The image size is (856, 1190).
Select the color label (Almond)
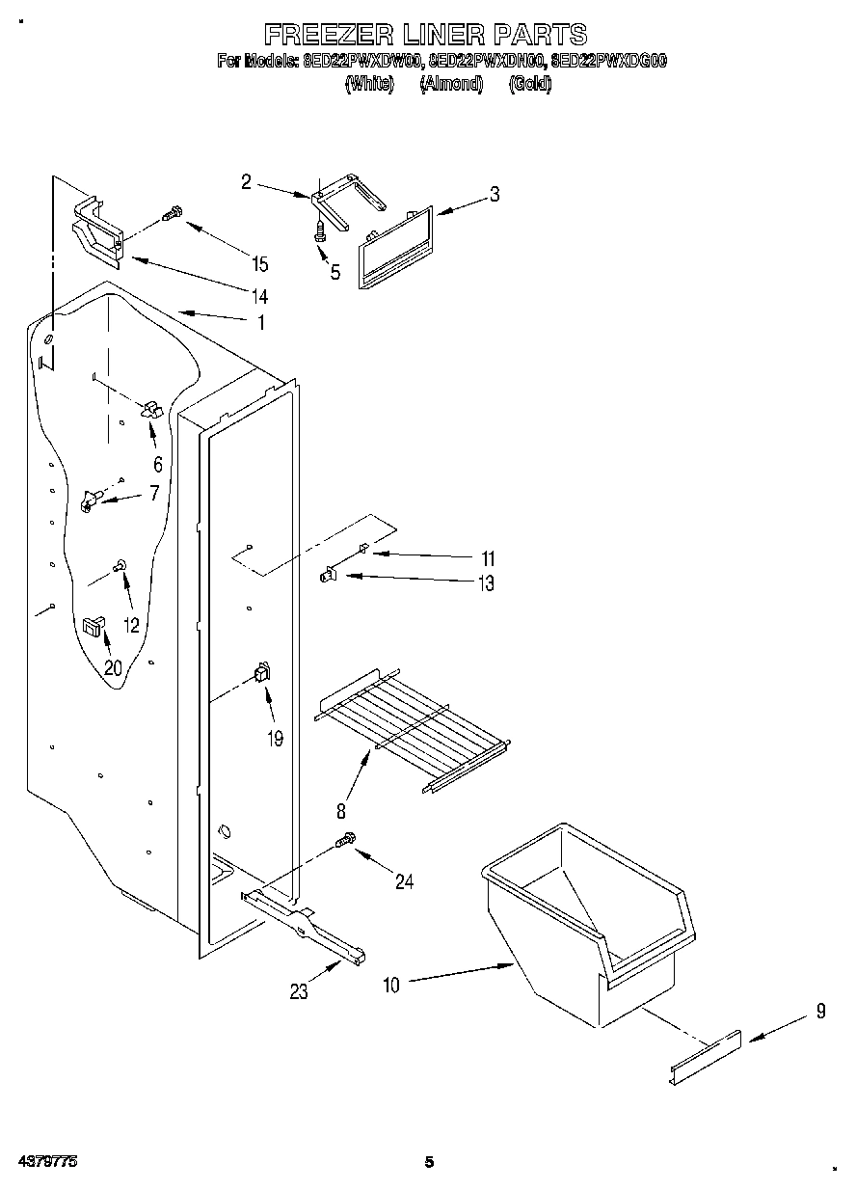(450, 84)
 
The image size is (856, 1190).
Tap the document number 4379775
(46, 1162)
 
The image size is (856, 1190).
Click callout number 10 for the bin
(391, 985)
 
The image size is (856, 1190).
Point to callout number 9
(820, 1012)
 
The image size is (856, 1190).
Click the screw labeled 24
(345, 843)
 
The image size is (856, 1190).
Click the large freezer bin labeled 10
(588, 916)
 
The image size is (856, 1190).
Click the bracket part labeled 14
(96, 231)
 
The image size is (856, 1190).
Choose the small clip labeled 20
(93, 627)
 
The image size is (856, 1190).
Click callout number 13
(486, 583)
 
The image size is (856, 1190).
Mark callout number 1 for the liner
(259, 323)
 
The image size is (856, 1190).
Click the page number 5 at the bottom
(430, 1162)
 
